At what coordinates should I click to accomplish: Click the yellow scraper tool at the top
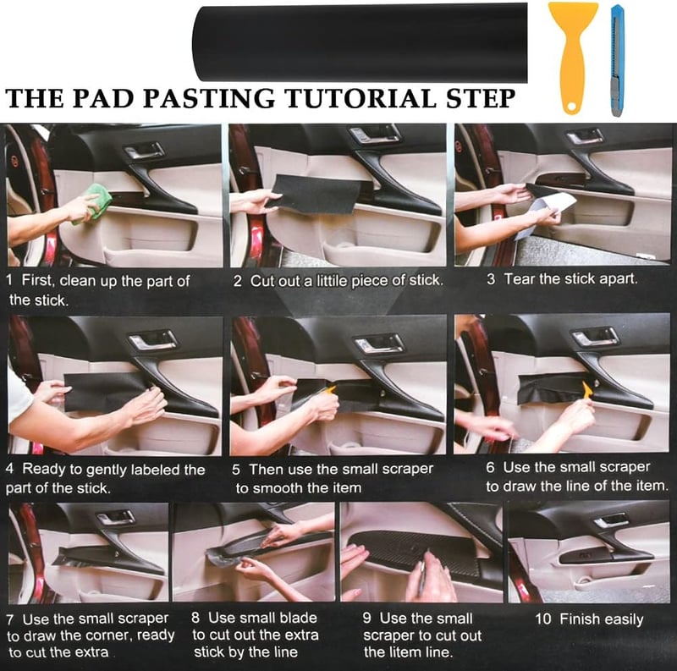tap(574, 56)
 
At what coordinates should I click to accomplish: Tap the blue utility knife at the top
tap(618, 60)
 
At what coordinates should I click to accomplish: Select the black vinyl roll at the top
tap(360, 43)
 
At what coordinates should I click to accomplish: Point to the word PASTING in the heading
tap(208, 98)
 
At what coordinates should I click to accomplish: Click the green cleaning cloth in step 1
tap(93, 202)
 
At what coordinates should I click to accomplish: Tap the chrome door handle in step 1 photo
tap(145, 151)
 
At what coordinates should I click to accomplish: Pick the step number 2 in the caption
tap(237, 282)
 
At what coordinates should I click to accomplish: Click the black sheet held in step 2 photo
tap(320, 195)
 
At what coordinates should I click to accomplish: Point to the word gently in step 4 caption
tap(107, 470)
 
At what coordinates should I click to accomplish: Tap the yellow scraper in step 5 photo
tap(329, 391)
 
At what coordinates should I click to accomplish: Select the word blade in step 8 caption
tap(299, 618)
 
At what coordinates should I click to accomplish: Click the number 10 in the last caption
tap(543, 619)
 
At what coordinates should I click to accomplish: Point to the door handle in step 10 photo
tap(610, 520)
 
